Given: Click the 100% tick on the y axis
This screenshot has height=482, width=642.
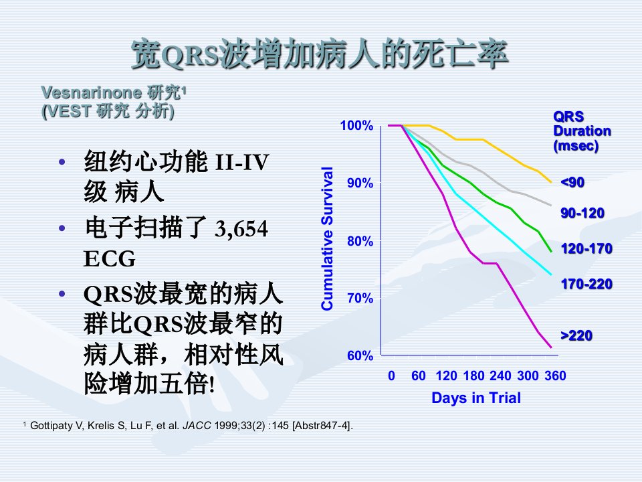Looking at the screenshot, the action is [356, 125].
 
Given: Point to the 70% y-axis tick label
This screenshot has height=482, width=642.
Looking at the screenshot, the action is [360, 298].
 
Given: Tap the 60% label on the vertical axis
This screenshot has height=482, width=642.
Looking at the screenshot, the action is [360, 355].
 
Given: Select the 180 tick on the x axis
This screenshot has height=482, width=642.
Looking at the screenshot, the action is [473, 376].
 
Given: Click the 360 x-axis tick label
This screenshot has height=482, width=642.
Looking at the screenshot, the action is [555, 376].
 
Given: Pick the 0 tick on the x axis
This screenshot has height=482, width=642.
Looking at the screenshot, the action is [391, 376].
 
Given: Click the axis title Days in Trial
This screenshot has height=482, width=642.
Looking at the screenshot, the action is [476, 398].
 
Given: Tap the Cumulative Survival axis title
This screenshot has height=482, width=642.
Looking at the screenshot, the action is [327, 238].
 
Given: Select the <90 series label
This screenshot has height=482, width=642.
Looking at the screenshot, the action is [572, 182].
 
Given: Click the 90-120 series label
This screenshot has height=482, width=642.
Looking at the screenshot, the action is [582, 213].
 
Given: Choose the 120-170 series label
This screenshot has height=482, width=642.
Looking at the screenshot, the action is [586, 248].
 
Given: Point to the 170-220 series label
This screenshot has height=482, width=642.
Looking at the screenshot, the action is [586, 284].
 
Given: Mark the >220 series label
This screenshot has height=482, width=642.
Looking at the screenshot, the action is [576, 335].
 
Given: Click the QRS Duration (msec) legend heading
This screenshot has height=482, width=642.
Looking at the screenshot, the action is [582, 131].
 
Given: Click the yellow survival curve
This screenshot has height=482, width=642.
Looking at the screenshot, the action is [483, 139].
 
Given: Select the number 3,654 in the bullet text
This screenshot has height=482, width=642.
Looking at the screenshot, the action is [241, 229].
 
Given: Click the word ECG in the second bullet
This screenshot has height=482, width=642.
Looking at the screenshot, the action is [109, 258].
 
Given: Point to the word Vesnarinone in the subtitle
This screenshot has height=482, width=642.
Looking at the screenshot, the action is [92, 92].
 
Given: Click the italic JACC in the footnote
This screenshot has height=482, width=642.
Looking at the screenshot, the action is [197, 426].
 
